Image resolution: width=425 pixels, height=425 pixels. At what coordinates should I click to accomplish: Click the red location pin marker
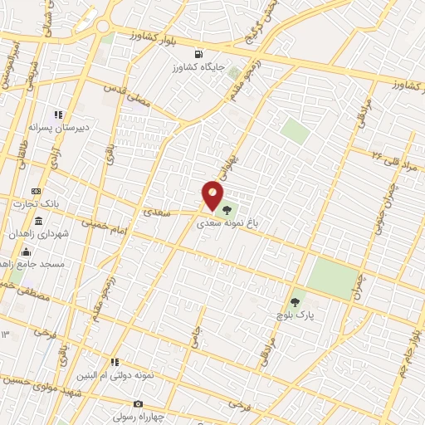[x=212, y=196]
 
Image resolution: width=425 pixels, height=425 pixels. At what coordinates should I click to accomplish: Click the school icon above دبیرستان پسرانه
[x=58, y=115]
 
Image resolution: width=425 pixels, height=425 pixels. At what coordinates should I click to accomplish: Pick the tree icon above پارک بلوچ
[x=295, y=302]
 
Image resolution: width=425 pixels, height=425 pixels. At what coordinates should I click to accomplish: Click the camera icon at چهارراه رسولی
[x=138, y=404]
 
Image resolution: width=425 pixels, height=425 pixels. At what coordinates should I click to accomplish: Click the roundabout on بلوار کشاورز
[x=103, y=27]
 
